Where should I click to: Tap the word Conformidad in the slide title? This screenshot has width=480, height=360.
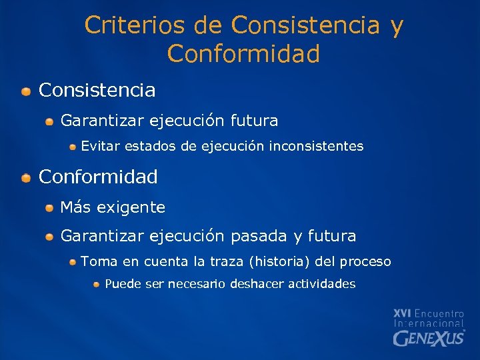243,54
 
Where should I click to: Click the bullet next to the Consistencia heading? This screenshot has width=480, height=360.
25,91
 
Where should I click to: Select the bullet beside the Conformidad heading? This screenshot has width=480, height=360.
25,178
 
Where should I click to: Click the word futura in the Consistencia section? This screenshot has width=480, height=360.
254,121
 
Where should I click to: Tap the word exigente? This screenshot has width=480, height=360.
131,208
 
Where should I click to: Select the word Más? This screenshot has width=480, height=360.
75,207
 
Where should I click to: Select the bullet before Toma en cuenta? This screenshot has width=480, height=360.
73,262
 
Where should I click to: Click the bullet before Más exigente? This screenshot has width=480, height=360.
49,209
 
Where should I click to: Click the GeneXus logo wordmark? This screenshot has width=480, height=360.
429,338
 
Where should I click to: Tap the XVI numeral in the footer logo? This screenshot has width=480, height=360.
403,313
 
